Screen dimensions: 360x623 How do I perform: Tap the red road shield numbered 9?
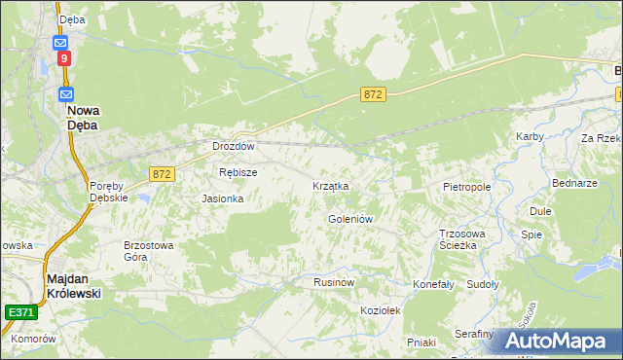[x=63, y=59]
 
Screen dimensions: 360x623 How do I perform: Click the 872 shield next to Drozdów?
[x=163, y=173]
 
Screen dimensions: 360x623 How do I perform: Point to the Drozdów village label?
[x=234, y=147]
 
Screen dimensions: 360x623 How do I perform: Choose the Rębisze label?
[x=238, y=172]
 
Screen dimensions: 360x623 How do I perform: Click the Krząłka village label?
[x=330, y=185]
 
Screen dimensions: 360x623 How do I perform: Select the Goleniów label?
[x=350, y=219]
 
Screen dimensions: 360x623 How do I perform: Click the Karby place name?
[x=530, y=137]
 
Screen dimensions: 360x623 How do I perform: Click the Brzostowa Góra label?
[x=148, y=252]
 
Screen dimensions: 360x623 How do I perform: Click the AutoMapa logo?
[x=553, y=341]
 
